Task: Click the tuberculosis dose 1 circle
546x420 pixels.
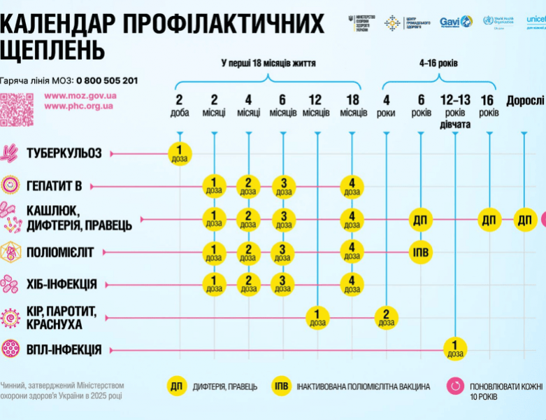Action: pyautogui.click(x=180, y=153)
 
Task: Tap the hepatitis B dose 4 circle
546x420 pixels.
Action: pyautogui.click(x=352, y=186)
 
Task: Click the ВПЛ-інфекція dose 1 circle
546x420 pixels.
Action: pyautogui.click(x=455, y=348)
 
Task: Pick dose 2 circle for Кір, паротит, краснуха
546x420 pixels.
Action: pyautogui.click(x=386, y=316)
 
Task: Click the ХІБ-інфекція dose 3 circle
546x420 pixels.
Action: pyautogui.click(x=283, y=284)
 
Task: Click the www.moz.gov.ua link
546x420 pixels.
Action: pyautogui.click(x=80, y=95)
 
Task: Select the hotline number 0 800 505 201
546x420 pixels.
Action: pyautogui.click(x=107, y=80)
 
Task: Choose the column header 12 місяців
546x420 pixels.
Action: pyautogui.click(x=317, y=106)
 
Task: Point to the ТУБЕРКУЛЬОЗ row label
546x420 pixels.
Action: pyautogui.click(x=64, y=153)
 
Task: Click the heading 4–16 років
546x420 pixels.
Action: pyautogui.click(x=438, y=64)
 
